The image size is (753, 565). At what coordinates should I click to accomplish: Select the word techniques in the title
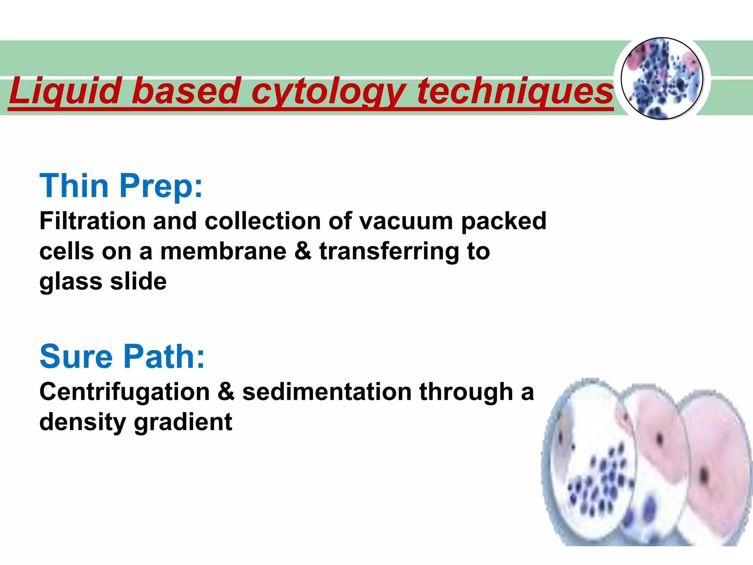click(x=515, y=91)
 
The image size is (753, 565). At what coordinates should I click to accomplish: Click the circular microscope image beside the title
click(x=662, y=79)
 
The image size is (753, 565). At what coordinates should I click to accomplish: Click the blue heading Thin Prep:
click(x=121, y=186)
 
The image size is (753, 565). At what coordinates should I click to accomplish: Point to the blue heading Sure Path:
click(x=122, y=356)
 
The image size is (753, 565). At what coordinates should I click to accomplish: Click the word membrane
click(x=223, y=252)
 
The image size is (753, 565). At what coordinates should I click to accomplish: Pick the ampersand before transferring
click(x=303, y=252)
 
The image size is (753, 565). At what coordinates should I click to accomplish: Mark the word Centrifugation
click(x=124, y=392)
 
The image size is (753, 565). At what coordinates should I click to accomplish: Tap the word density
click(x=82, y=422)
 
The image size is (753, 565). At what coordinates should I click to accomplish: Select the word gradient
click(x=183, y=422)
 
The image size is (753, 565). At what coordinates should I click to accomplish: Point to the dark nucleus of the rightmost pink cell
click(x=704, y=475)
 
